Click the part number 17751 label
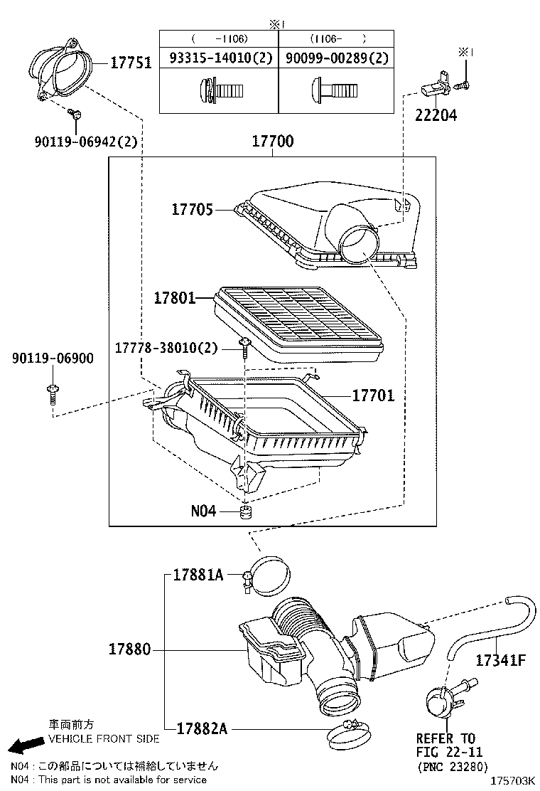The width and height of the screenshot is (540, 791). click(x=130, y=63)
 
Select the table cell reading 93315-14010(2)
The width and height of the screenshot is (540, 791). click(x=218, y=58)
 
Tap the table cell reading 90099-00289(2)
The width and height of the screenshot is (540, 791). click(x=337, y=58)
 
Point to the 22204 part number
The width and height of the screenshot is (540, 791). click(x=436, y=115)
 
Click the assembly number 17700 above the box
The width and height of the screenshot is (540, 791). click(x=272, y=142)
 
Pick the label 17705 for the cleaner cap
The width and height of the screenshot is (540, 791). click(x=192, y=209)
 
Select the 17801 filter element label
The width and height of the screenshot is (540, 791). click(x=175, y=298)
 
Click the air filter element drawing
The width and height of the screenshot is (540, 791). click(x=298, y=320)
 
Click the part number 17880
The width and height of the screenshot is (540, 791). click(x=130, y=649)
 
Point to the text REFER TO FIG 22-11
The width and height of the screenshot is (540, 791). click(x=445, y=745)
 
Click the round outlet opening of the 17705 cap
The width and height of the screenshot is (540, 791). click(x=358, y=243)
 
